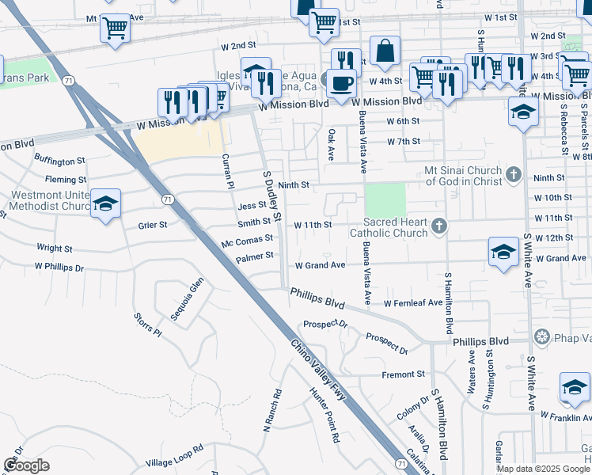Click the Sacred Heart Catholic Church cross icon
(440, 228)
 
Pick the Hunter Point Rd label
(324, 414)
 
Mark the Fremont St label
(404, 374)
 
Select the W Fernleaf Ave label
(413, 302)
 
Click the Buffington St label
(60, 161)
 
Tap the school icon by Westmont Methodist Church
(105, 204)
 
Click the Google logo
(26, 465)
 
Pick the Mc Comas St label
(248, 237)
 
